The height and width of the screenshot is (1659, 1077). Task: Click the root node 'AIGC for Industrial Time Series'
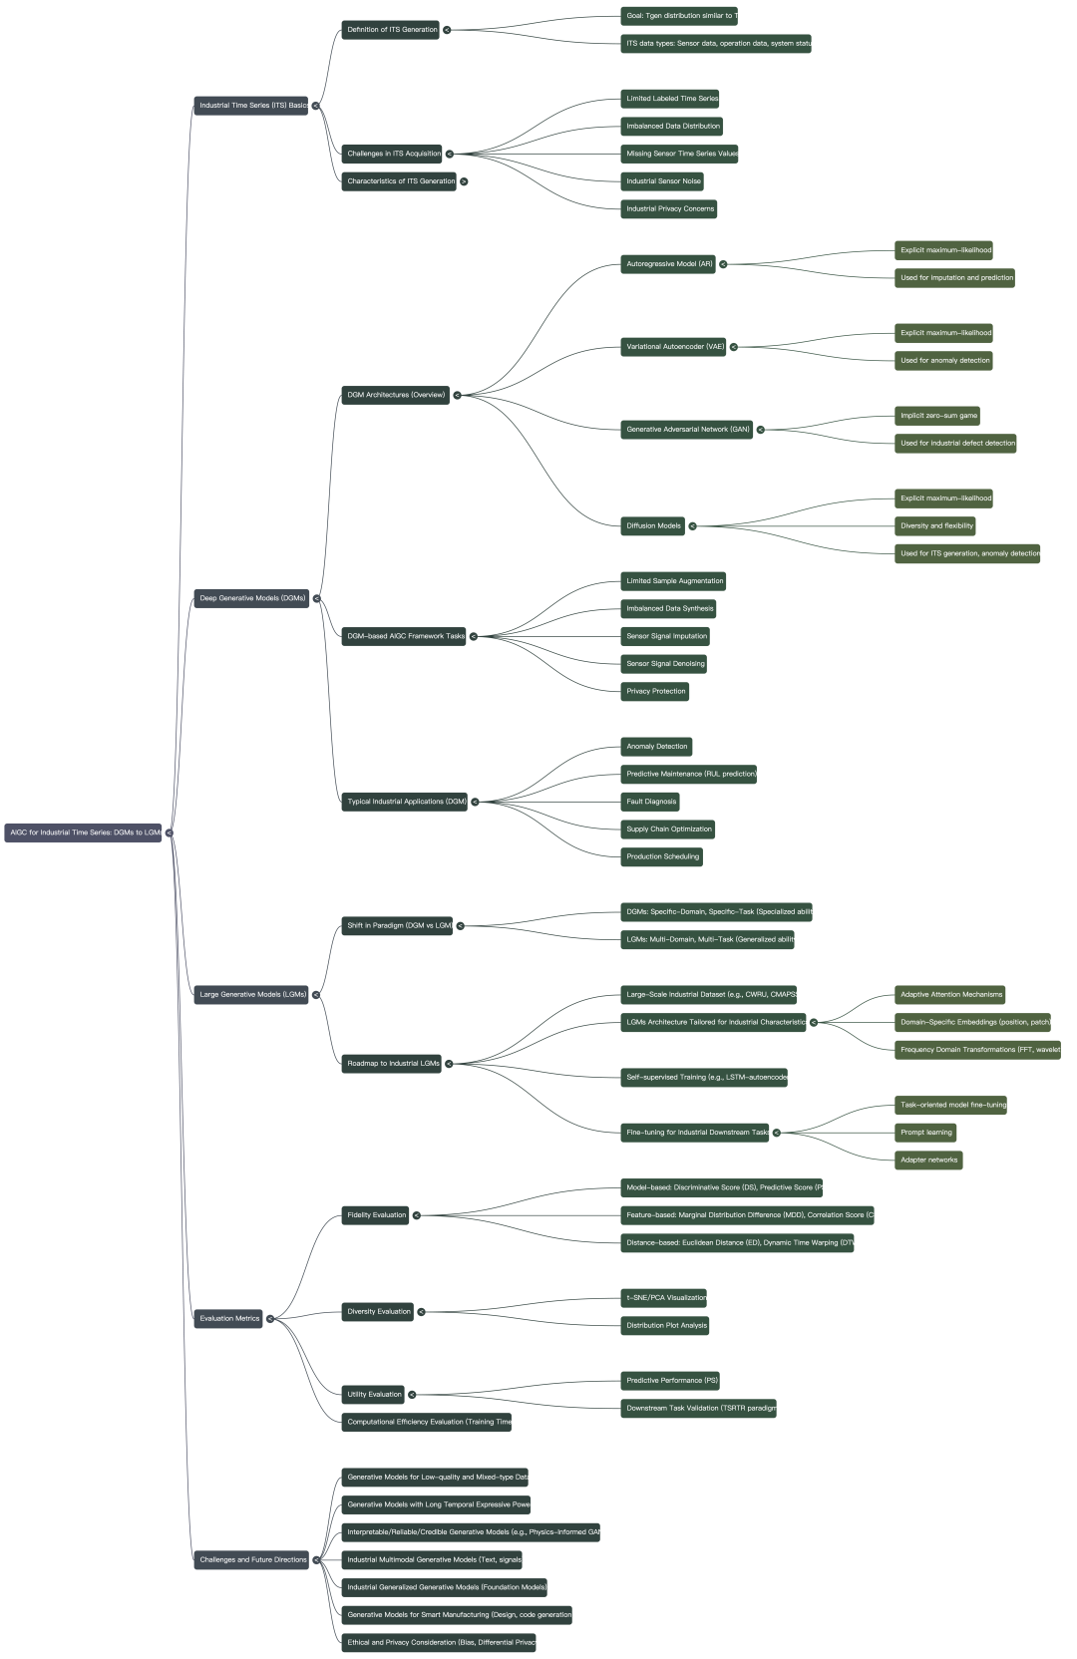click(x=84, y=832)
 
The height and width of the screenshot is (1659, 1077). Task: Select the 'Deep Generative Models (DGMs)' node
click(x=252, y=598)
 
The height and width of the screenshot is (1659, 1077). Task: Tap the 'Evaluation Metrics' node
click(x=229, y=1318)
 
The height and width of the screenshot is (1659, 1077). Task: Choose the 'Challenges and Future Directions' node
click(x=253, y=1559)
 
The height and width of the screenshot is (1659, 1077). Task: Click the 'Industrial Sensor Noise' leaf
click(x=663, y=181)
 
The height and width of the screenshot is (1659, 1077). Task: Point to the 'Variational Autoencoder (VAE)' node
click(x=675, y=347)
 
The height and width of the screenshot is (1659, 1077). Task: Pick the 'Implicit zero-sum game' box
click(x=938, y=416)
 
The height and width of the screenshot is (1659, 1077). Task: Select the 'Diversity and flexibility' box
click(x=936, y=525)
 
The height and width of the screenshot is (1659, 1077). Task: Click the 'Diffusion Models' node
click(x=653, y=525)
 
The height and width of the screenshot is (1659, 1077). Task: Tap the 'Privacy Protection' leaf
click(x=655, y=691)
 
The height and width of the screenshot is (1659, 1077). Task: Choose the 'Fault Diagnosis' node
click(x=651, y=802)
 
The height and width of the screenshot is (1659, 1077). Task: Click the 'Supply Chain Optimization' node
click(x=668, y=829)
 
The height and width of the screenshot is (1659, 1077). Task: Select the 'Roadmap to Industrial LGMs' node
click(x=393, y=1063)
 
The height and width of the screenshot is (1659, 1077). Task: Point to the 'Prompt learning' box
click(x=926, y=1132)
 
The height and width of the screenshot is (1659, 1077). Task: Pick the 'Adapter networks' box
click(x=928, y=1160)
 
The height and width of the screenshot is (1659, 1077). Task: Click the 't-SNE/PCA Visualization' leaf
click(x=666, y=1297)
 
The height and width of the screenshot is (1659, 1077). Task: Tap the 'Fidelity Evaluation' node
click(x=376, y=1214)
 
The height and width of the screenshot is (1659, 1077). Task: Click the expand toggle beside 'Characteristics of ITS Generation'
click(x=464, y=181)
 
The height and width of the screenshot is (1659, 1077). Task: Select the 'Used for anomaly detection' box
click(x=944, y=361)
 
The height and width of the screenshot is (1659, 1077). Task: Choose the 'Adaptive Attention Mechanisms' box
click(x=950, y=994)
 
